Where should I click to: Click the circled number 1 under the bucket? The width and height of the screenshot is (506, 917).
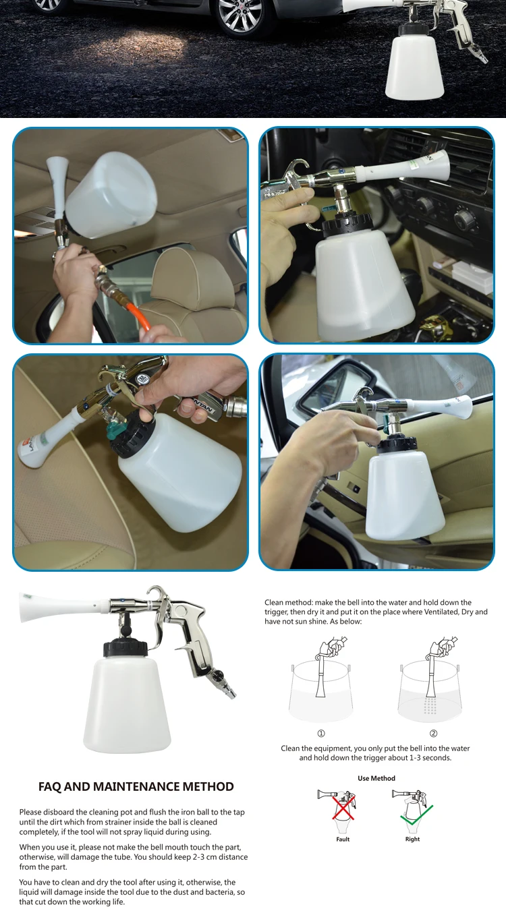coord(321,733)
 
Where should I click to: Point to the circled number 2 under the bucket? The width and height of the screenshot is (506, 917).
coord(434,733)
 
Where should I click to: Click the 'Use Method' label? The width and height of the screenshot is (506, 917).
coord(376,778)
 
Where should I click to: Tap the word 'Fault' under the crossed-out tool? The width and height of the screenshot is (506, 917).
coord(343,839)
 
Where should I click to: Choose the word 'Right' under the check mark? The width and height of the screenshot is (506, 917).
coord(412,839)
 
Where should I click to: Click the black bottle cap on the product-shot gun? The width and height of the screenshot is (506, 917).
coord(125,647)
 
